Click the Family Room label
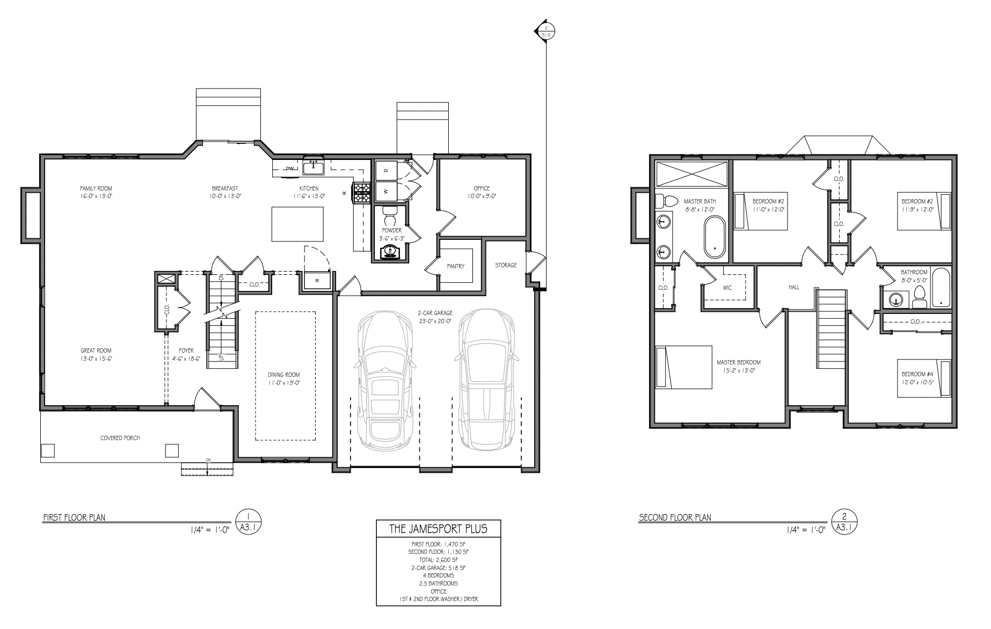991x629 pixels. pyautogui.click(x=96, y=188)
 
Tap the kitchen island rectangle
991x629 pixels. pyautogui.click(x=297, y=224)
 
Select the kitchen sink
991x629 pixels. pyautogui.click(x=314, y=169)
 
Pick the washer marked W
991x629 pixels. pyautogui.click(x=385, y=191)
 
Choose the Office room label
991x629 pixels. pyautogui.click(x=482, y=188)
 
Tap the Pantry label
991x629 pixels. pyautogui.click(x=455, y=266)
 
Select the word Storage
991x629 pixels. pyautogui.click(x=506, y=265)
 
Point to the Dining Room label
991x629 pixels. pyautogui.click(x=284, y=375)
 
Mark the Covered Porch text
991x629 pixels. pyautogui.click(x=120, y=438)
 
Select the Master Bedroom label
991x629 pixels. pyautogui.click(x=739, y=362)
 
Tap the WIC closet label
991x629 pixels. pyautogui.click(x=727, y=288)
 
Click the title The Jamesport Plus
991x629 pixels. pyautogui.click(x=438, y=529)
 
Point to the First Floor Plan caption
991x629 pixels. pyautogui.click(x=74, y=518)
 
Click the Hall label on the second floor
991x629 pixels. pyautogui.click(x=794, y=287)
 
